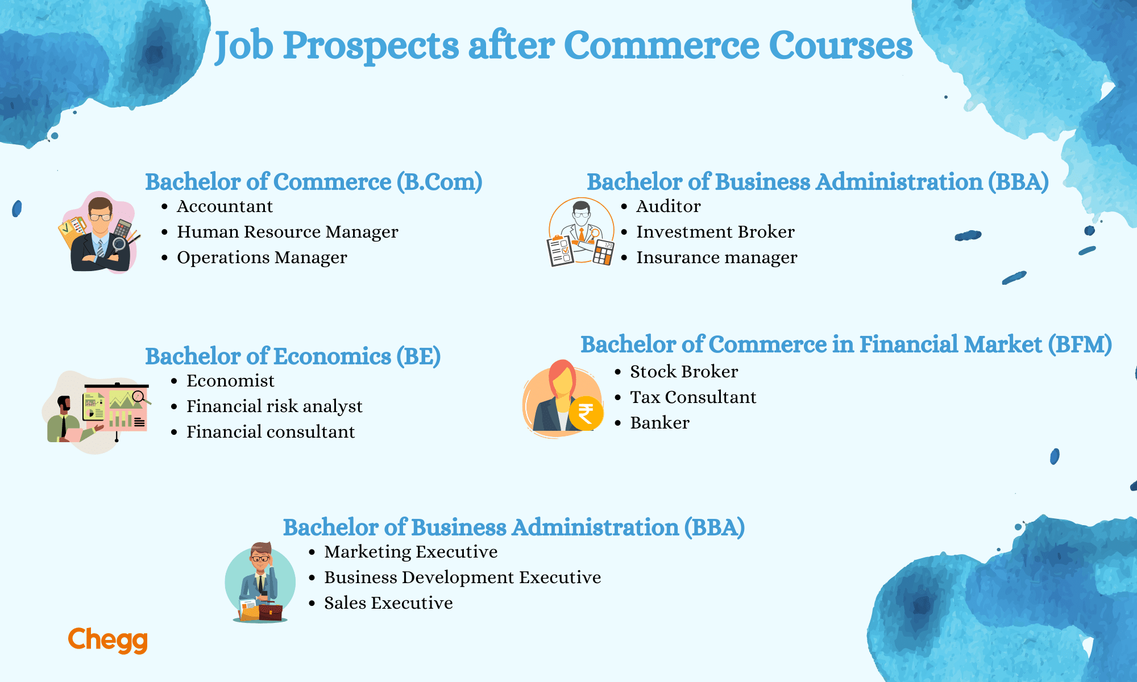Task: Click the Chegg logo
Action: (107, 640)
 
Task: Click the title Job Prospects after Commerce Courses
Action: (563, 46)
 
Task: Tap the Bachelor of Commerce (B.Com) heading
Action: (313, 182)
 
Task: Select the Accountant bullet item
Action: (225, 206)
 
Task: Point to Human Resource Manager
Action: (287, 232)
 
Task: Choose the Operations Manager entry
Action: (262, 257)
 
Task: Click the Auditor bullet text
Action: (668, 206)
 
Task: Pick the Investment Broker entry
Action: (715, 232)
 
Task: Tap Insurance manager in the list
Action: (716, 257)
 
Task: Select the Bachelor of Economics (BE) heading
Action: (293, 356)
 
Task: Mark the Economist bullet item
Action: (230, 381)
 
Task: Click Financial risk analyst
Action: (274, 406)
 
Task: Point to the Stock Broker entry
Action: (684, 372)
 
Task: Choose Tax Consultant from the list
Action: (693, 397)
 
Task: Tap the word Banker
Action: (659, 423)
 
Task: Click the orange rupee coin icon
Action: (586, 413)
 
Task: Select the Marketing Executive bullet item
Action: (410, 552)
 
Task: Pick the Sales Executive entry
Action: (388, 603)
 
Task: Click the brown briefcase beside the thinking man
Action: (271, 612)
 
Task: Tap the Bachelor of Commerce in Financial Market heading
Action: (846, 344)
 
